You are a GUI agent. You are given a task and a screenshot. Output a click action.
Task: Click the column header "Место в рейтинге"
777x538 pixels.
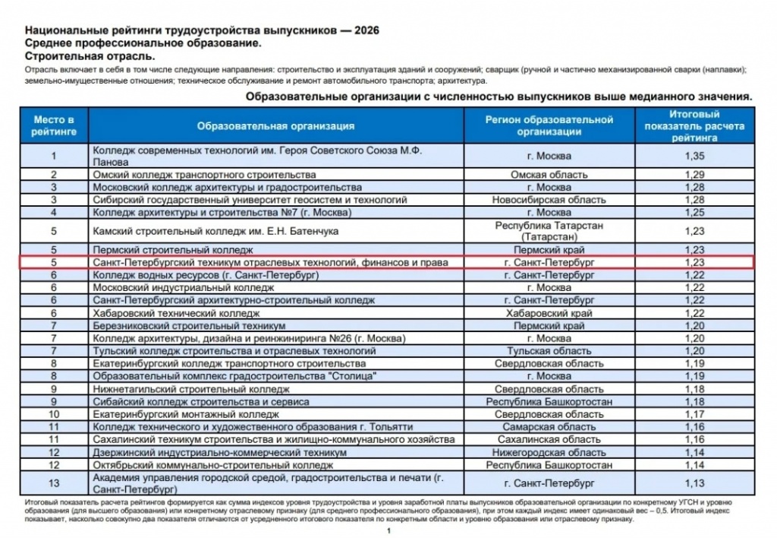54,125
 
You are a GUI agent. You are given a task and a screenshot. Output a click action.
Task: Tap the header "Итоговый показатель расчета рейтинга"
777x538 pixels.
694,126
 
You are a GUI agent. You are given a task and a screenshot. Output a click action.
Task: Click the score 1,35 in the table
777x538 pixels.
694,157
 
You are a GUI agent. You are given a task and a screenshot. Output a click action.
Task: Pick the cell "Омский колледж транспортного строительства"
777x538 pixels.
204,175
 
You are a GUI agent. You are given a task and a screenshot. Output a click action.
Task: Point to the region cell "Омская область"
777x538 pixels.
549,175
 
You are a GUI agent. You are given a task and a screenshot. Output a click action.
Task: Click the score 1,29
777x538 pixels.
694,175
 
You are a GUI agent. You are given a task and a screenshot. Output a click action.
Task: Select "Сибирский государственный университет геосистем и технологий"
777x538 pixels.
250,200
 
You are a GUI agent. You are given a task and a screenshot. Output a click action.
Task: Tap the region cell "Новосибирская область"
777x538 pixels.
549,200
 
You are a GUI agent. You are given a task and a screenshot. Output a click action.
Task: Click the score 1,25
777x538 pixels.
694,212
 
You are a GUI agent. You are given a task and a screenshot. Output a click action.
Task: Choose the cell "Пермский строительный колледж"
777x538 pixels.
172,249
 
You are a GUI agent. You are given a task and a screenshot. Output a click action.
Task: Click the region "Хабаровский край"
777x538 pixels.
549,312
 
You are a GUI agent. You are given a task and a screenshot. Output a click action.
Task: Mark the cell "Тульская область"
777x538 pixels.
549,351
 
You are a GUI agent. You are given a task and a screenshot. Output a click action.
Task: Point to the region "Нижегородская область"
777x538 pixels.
549,452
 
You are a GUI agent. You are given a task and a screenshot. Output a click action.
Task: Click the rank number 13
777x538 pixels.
54,483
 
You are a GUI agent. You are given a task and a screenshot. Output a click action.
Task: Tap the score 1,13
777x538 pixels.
694,483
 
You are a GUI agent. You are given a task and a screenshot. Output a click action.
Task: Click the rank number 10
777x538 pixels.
54,414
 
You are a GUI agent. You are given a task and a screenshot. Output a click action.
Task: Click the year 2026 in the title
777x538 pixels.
364,30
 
